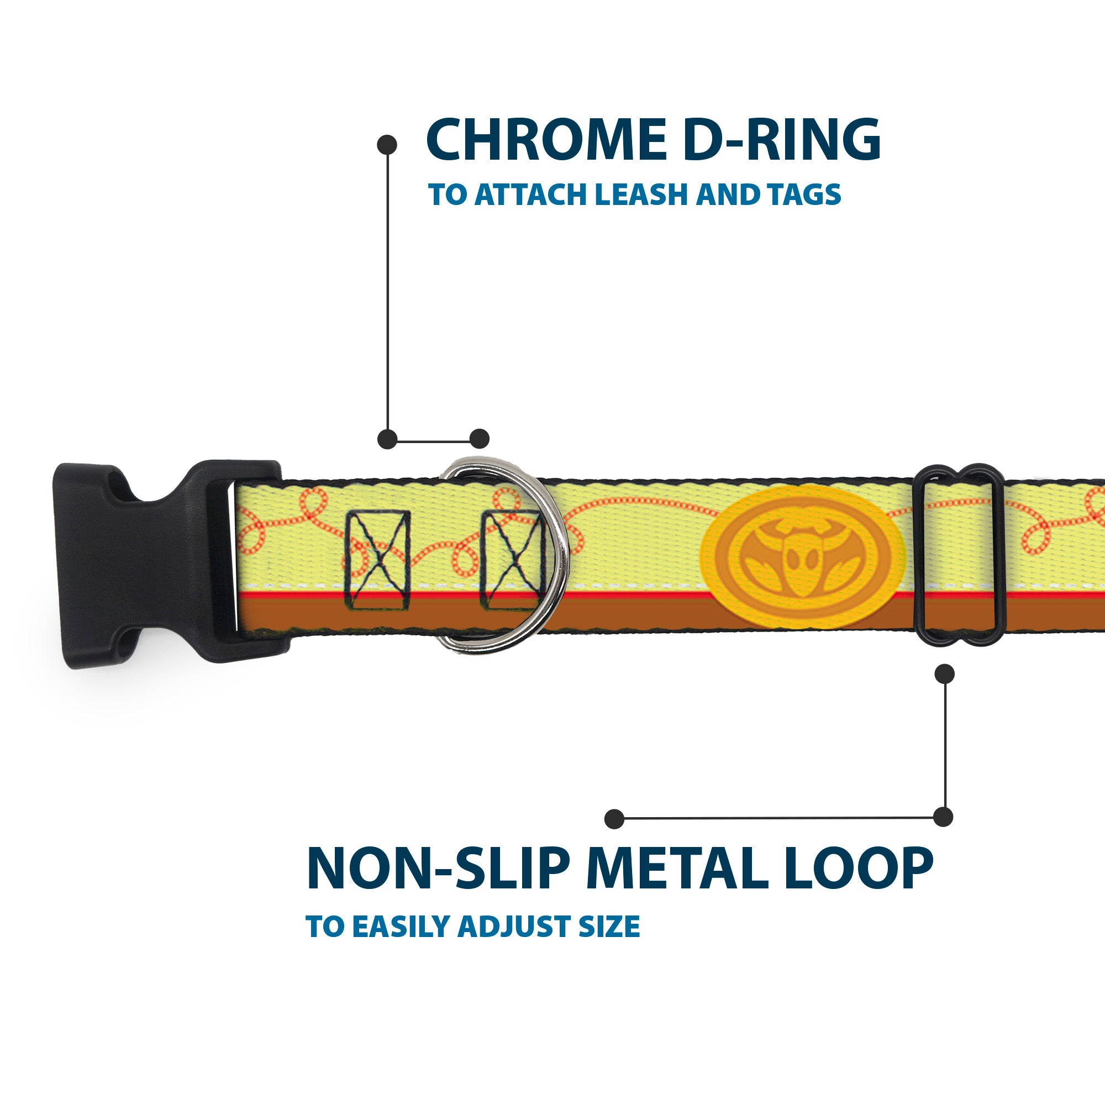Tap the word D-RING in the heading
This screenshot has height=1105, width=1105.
tap(781, 140)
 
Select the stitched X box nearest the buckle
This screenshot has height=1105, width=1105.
tap(378, 560)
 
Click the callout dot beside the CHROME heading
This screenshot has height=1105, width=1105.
tap(387, 144)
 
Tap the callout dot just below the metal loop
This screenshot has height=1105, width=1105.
tap(944, 673)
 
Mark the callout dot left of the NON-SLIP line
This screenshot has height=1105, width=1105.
tap(614, 819)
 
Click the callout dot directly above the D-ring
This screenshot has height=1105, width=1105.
tap(479, 439)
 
